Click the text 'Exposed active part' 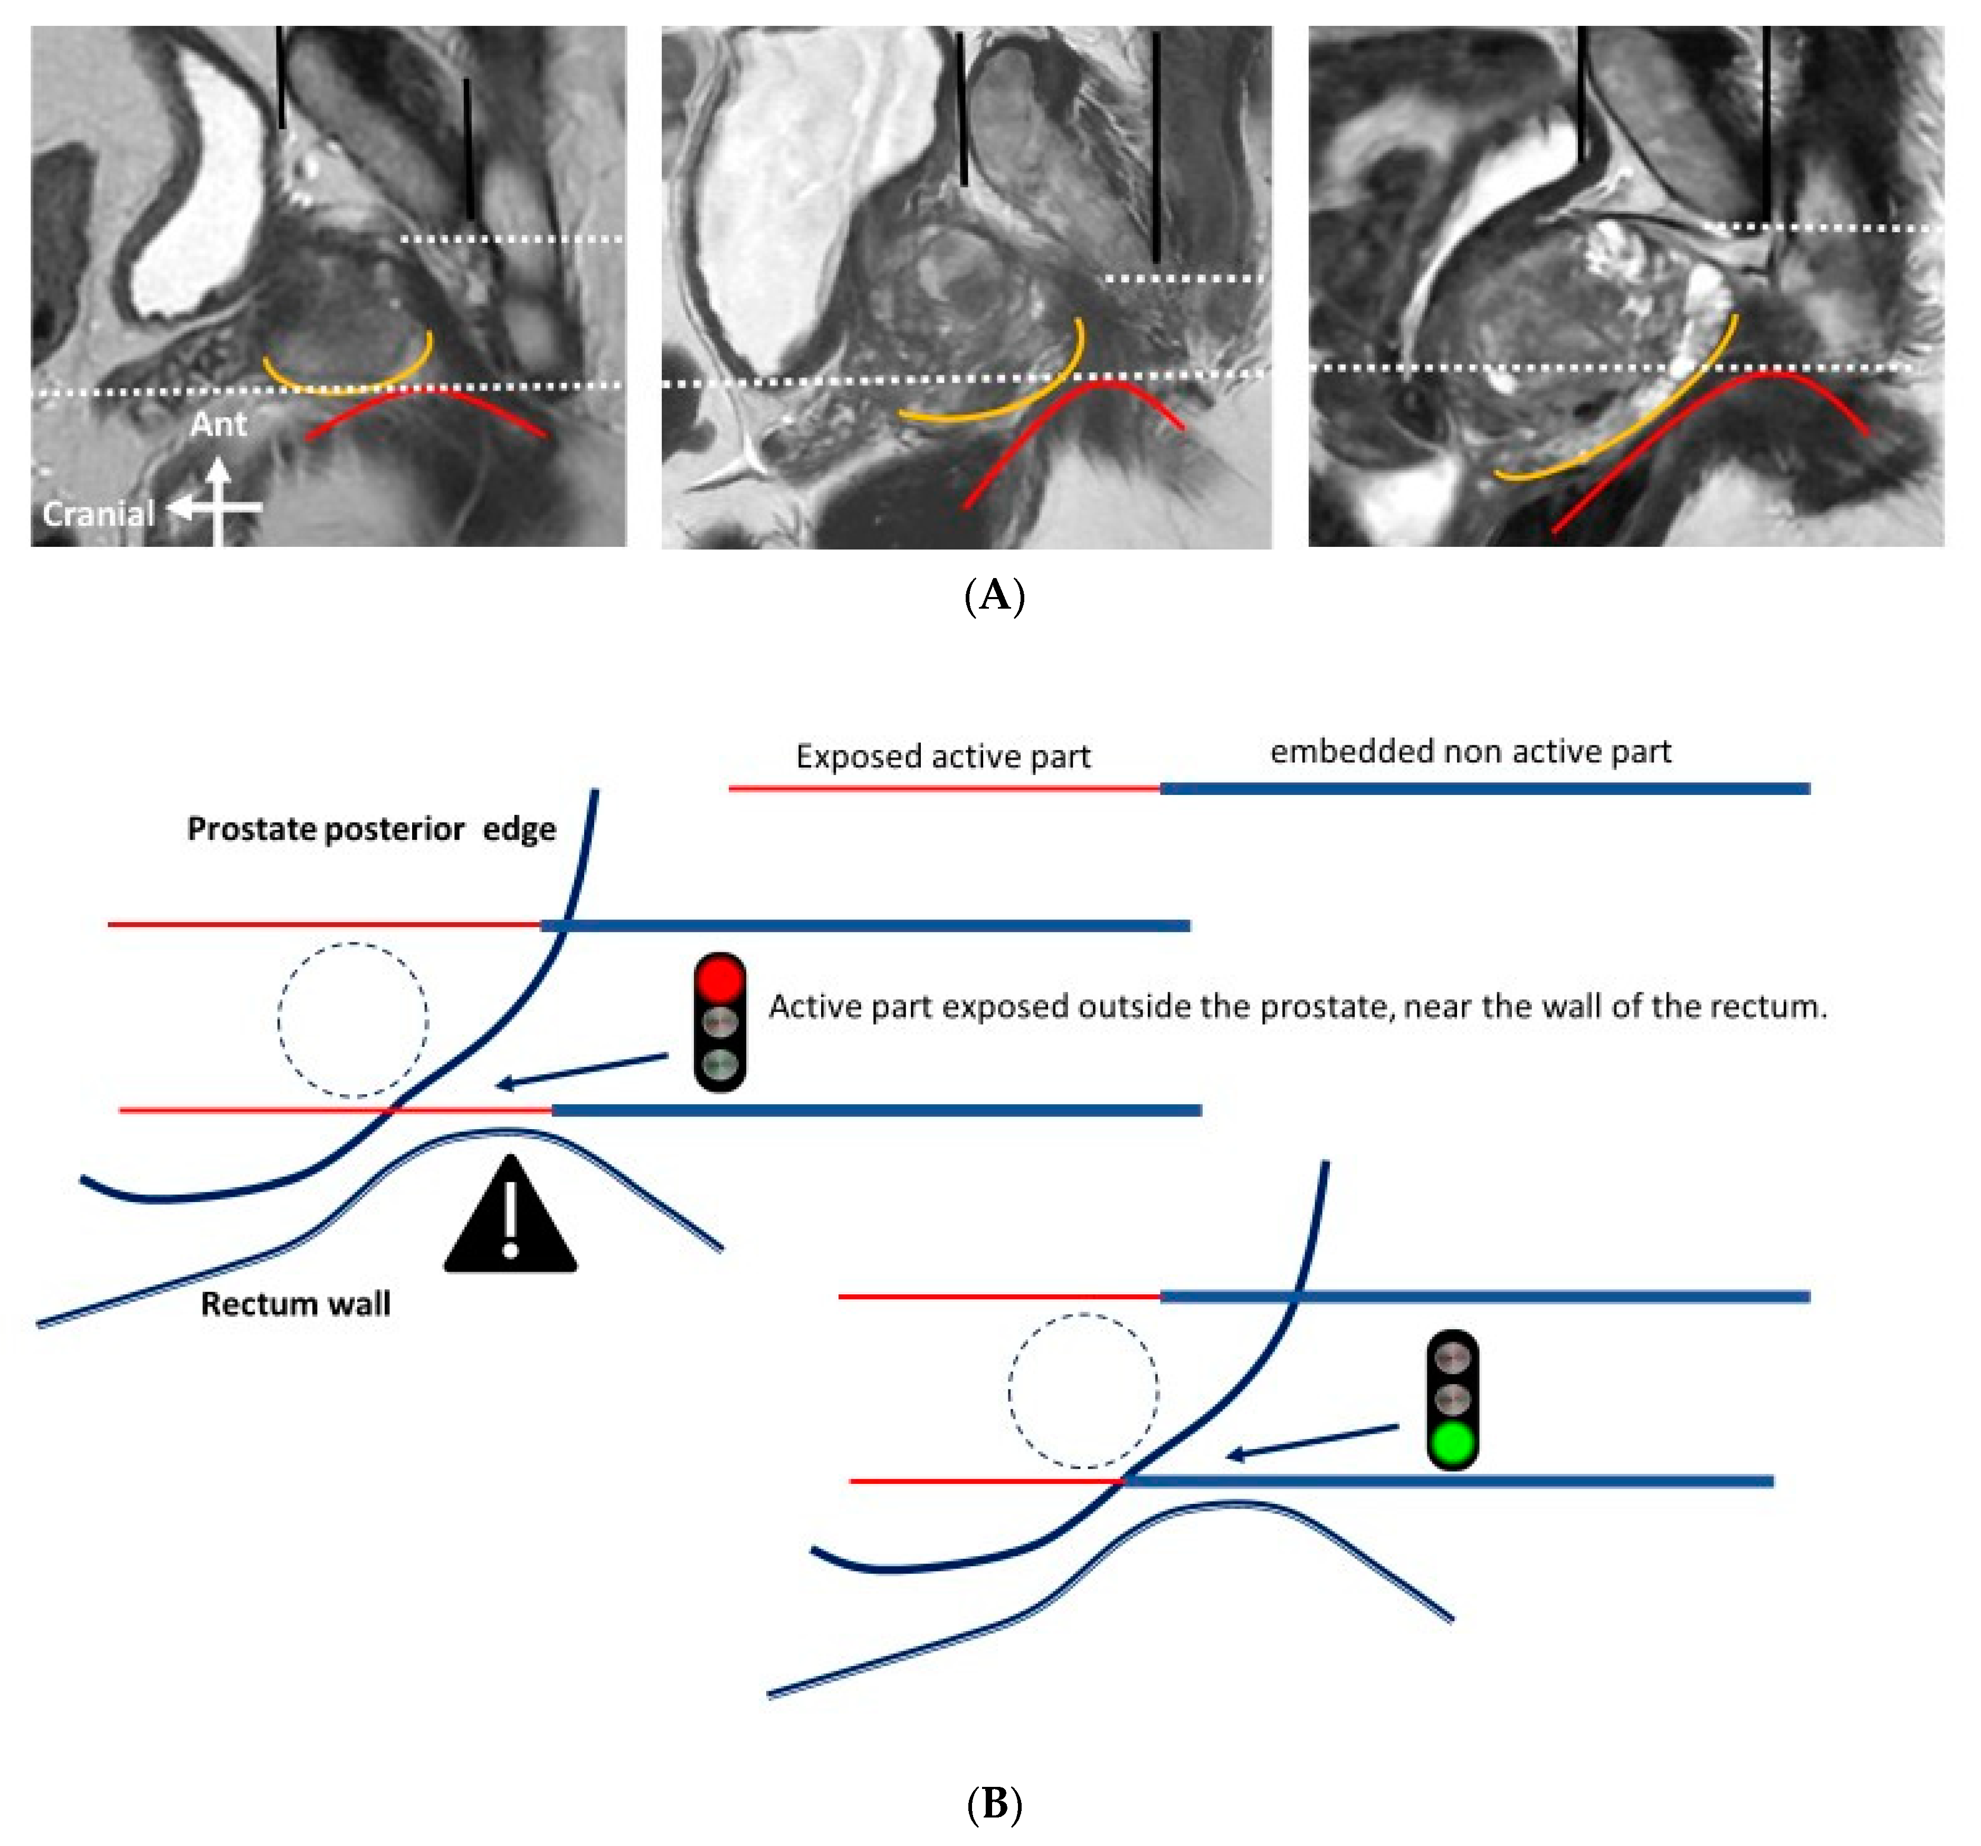click(x=942, y=756)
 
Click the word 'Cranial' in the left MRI click(x=98, y=514)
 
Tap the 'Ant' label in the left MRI click(x=218, y=424)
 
